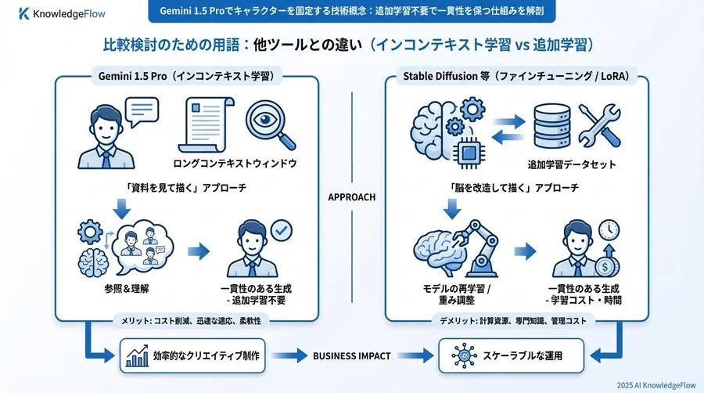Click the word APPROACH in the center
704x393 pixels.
click(351, 197)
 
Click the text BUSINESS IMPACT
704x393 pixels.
click(351, 356)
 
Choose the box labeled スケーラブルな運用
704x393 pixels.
click(511, 356)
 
